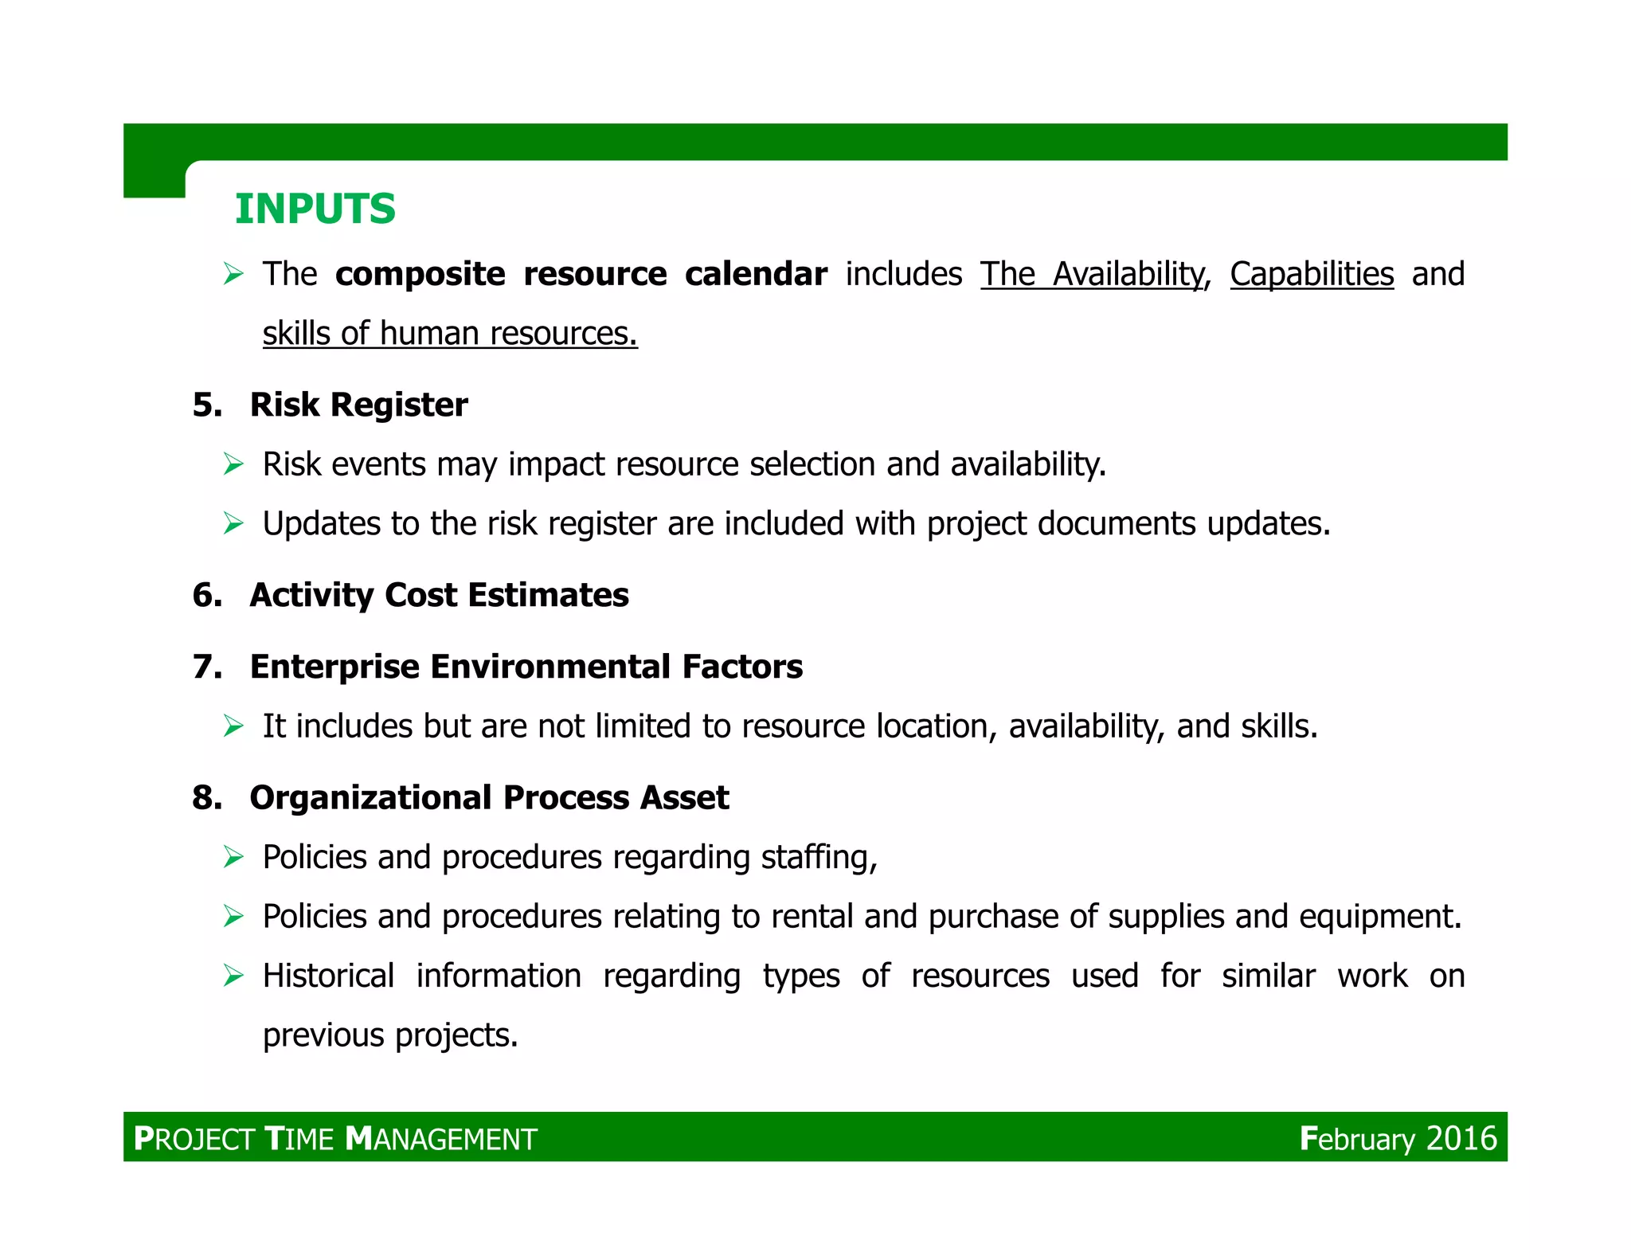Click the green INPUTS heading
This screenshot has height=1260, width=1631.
[315, 209]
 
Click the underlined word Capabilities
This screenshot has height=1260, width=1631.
[1311, 274]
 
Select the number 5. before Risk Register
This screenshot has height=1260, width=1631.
[207, 405]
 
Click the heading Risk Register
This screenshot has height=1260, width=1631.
[358, 405]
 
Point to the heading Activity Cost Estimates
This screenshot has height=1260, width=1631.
[439, 595]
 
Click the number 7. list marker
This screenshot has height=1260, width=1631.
[207, 667]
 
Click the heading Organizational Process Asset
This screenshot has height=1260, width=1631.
[489, 797]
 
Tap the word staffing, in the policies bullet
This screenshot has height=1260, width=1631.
[819, 858]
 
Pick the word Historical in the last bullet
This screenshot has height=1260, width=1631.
[328, 976]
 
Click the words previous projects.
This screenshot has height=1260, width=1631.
[390, 1035]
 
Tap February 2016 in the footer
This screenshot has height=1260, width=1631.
[1398, 1138]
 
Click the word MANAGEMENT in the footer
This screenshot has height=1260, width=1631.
[441, 1139]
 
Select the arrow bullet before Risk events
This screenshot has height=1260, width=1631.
[233, 464]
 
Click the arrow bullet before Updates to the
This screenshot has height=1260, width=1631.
[233, 523]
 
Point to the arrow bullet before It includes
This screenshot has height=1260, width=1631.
[233, 726]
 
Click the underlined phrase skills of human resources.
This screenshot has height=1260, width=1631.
[450, 334]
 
